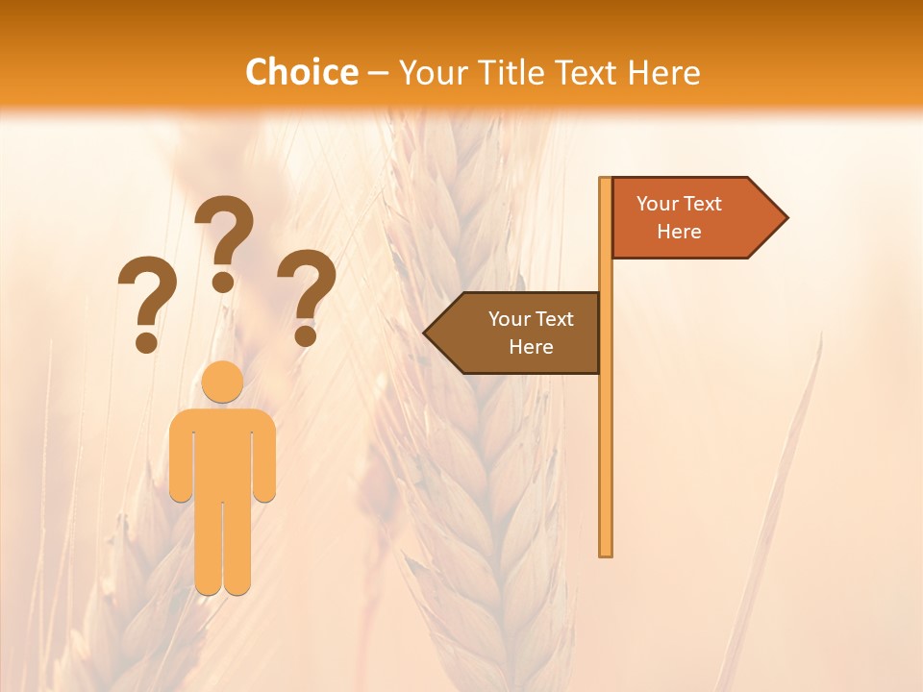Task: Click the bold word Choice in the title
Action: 301,72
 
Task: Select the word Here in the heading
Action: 663,72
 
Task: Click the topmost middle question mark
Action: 225,240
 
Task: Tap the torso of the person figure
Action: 223,452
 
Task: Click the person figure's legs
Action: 223,548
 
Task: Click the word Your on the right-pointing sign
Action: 658,204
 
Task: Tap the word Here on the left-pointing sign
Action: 531,347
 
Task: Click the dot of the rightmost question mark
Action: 306,336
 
